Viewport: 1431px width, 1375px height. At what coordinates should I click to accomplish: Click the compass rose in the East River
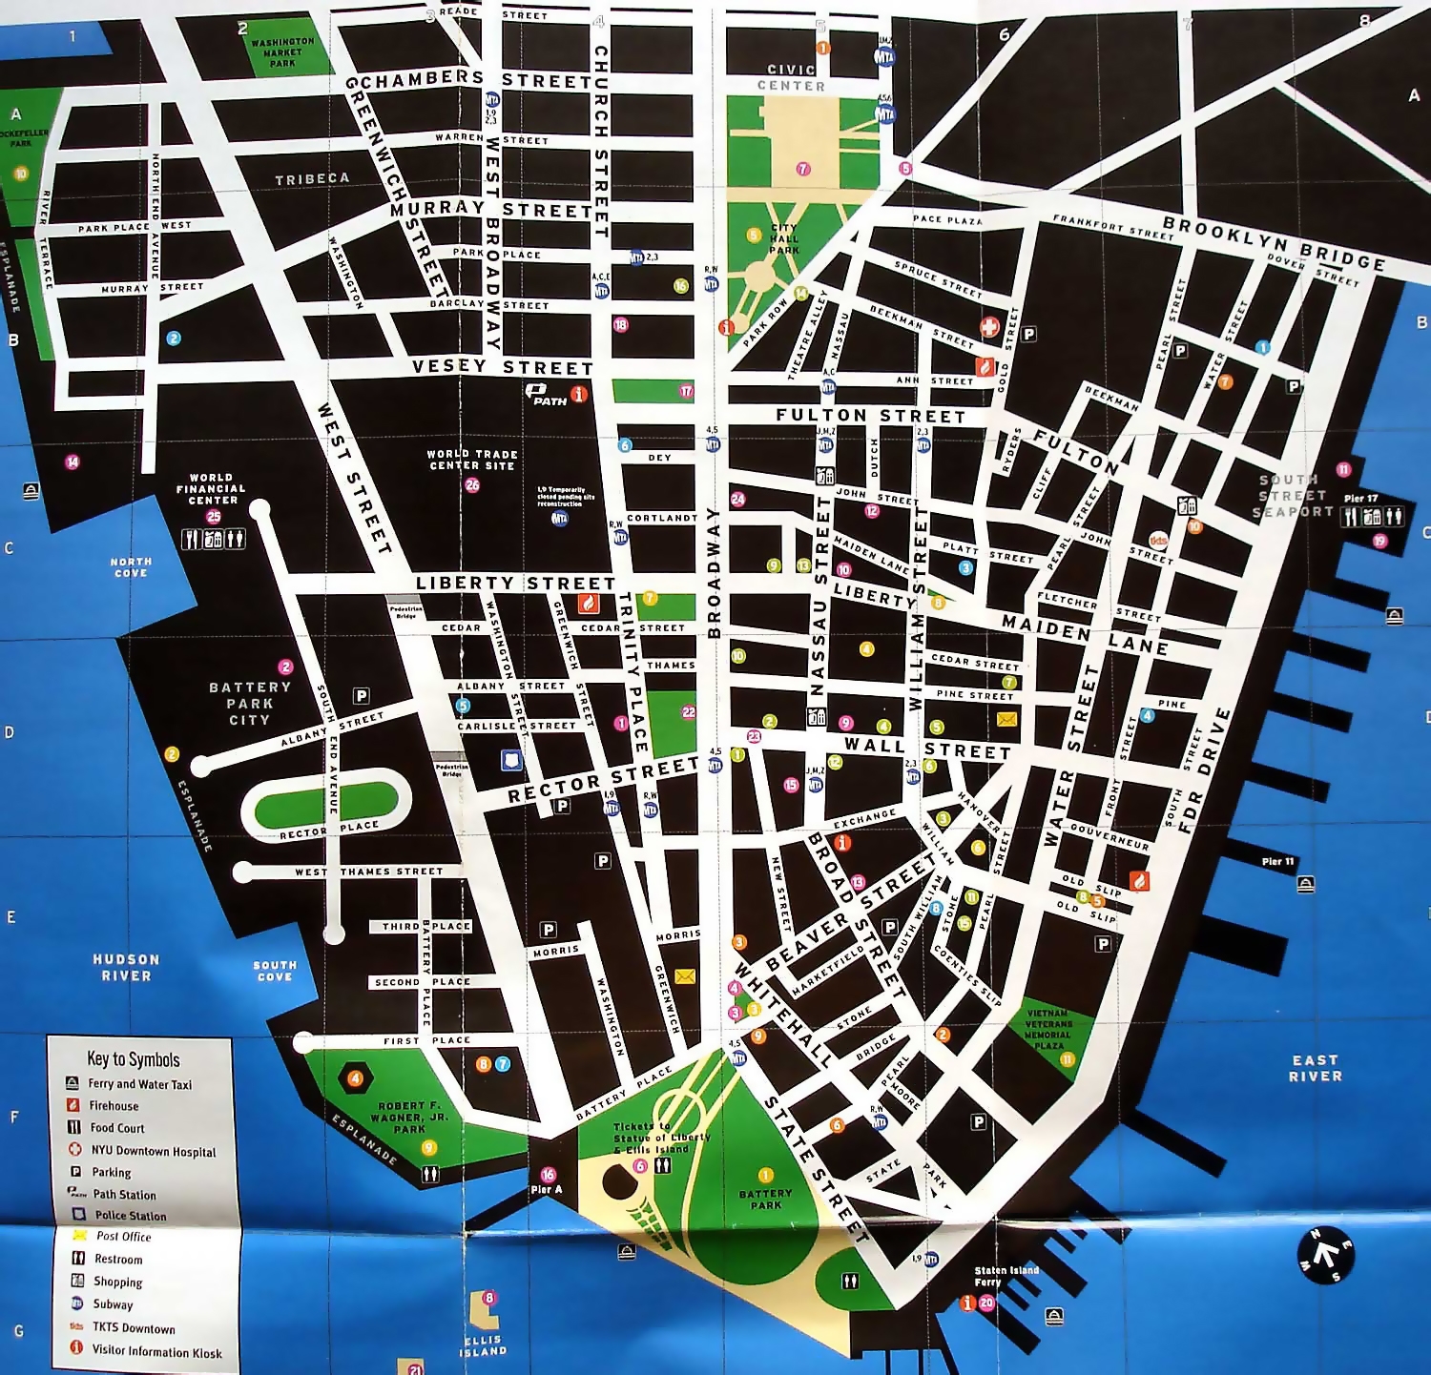coord(1325,1255)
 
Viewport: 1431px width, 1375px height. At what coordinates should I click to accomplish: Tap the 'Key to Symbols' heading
coord(134,1059)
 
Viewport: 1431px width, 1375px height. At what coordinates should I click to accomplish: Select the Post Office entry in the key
coord(123,1237)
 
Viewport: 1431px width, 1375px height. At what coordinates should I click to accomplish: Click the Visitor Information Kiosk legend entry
coord(156,1352)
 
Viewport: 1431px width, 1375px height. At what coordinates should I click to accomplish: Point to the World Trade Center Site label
coord(472,460)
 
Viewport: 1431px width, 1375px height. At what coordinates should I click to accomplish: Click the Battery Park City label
coord(250,703)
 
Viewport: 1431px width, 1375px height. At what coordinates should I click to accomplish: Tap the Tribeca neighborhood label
coord(312,179)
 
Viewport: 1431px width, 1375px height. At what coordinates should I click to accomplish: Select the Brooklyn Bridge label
coord(1274,243)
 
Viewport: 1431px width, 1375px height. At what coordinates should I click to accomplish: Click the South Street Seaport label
coord(1292,496)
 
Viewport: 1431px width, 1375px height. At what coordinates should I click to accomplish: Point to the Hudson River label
coord(126,967)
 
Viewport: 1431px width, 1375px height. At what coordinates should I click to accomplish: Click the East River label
coord(1315,1068)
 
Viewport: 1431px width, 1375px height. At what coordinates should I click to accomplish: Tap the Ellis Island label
coord(483,1344)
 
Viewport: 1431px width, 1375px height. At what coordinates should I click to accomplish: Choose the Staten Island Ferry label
coord(1006,1276)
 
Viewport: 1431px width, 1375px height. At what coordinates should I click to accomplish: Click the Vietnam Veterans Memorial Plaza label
coord(1047,1030)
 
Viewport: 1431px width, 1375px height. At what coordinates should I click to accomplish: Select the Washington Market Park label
coord(282,52)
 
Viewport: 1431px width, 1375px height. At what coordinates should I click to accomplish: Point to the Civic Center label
coord(791,77)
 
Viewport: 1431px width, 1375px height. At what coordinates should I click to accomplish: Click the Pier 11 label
coord(1277,861)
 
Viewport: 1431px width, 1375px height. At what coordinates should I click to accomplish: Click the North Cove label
coord(131,567)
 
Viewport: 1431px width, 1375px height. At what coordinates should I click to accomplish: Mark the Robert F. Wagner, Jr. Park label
coord(410,1118)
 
